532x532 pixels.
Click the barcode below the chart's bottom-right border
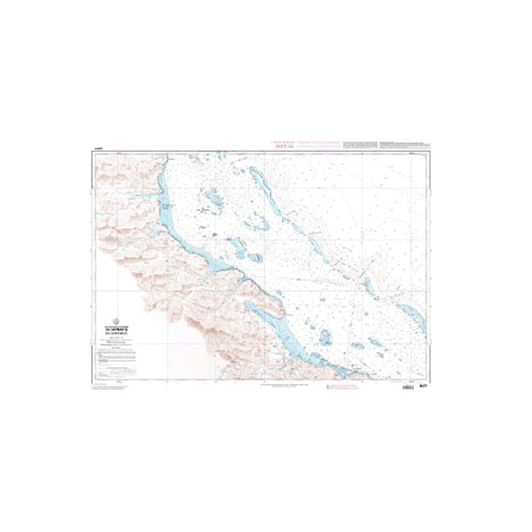408,386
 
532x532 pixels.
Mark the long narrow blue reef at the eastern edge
412,318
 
